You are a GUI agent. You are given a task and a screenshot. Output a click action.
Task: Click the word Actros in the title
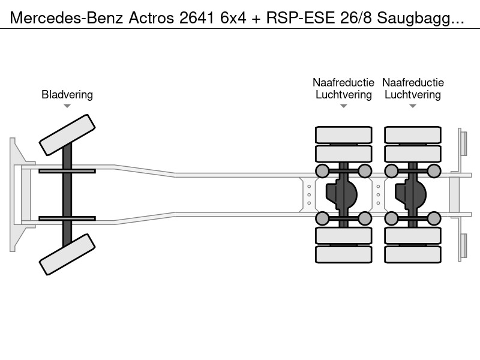[151, 18]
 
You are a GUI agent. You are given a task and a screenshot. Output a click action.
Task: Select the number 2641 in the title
[197, 18]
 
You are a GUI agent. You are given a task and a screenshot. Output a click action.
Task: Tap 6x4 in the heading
[233, 18]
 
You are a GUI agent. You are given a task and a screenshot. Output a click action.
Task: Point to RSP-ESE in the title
[301, 18]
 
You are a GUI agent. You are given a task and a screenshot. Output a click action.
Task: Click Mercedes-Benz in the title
[67, 18]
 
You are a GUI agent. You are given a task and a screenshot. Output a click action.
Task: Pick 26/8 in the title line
[356, 18]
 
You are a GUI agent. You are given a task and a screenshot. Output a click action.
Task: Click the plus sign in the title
[256, 19]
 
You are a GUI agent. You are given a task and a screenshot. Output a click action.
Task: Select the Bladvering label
[67, 95]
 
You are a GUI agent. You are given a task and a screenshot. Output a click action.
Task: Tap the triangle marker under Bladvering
[67, 106]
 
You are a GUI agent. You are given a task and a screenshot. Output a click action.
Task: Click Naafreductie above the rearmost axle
[413, 82]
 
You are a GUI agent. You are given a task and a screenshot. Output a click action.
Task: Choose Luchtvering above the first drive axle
[343, 95]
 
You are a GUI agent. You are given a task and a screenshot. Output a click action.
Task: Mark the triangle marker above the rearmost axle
[413, 106]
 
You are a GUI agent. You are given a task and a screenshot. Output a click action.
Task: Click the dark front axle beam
[67, 194]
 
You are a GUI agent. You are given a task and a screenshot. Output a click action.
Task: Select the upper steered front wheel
[67, 135]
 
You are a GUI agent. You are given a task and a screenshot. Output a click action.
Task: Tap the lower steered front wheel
[67, 254]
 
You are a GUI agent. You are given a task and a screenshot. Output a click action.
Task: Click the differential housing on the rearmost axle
[410, 194]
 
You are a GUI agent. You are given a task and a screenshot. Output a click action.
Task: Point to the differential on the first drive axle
[341, 194]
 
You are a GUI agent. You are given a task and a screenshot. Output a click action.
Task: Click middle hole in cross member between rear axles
[379, 194]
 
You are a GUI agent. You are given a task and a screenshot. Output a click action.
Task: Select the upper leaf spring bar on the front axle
[67, 171]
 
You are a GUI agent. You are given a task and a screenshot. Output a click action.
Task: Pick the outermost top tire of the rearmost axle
[413, 135]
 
